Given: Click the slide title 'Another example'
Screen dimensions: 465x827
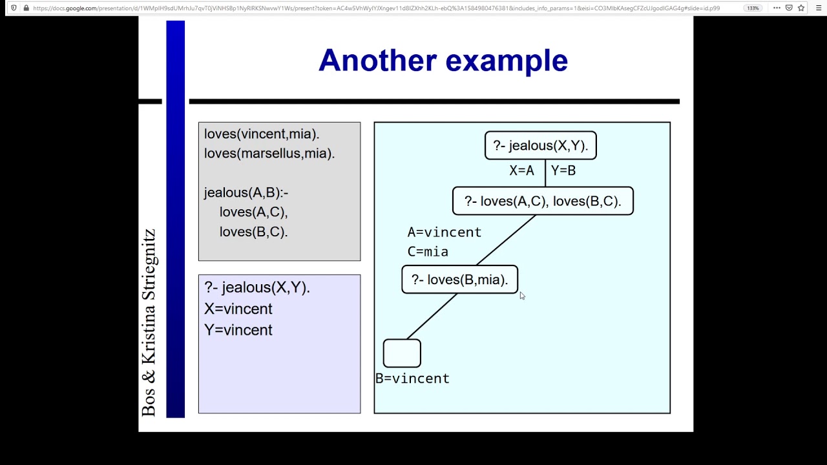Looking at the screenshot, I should pyautogui.click(x=443, y=60).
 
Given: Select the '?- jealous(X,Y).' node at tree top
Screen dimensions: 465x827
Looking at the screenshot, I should pyautogui.click(x=540, y=145).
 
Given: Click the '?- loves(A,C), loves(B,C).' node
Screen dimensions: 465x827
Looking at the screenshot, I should pyautogui.click(x=543, y=201).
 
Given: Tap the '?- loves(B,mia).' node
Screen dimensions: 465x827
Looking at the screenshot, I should pyautogui.click(x=459, y=280).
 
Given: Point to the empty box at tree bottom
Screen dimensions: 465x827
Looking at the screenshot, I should pyautogui.click(x=402, y=353).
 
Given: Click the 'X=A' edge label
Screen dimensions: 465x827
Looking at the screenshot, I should pyautogui.click(x=521, y=170).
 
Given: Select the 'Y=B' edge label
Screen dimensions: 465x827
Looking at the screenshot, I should pyautogui.click(x=563, y=170).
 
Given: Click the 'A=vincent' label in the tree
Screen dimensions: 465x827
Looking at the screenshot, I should pyautogui.click(x=444, y=232).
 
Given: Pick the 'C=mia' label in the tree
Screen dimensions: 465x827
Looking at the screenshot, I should pyautogui.click(x=427, y=251).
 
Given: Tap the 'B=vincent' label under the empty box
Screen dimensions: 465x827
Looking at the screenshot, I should pyautogui.click(x=412, y=378).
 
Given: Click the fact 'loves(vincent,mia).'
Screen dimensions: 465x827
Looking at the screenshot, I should pyautogui.click(x=262, y=134).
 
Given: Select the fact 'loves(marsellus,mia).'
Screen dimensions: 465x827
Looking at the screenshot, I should pyautogui.click(x=269, y=153).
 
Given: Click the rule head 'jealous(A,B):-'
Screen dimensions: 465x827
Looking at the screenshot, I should pyautogui.click(x=246, y=192).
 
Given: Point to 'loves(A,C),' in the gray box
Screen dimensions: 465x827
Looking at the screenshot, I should pyautogui.click(x=253, y=212).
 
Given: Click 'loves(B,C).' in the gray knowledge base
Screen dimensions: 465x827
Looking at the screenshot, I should pyautogui.click(x=253, y=231).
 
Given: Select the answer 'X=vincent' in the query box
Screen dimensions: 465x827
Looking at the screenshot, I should pyautogui.click(x=238, y=309).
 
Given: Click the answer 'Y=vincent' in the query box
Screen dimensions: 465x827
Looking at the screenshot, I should pyautogui.click(x=238, y=330).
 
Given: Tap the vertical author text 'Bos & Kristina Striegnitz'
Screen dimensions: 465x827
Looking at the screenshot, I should pyautogui.click(x=149, y=323).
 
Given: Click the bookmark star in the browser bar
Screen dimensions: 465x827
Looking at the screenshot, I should pyautogui.click(x=801, y=8).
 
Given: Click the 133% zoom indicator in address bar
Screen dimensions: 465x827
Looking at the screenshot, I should pyautogui.click(x=753, y=8).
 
